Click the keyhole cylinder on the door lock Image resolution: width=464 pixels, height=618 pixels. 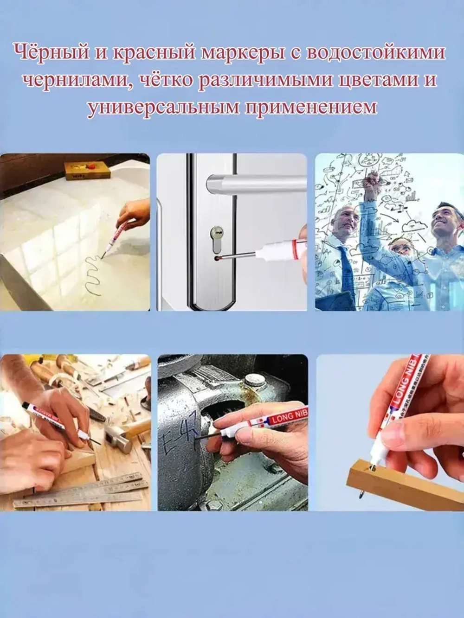pos(217,231)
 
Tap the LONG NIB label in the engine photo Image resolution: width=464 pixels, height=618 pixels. pos(289,418)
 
